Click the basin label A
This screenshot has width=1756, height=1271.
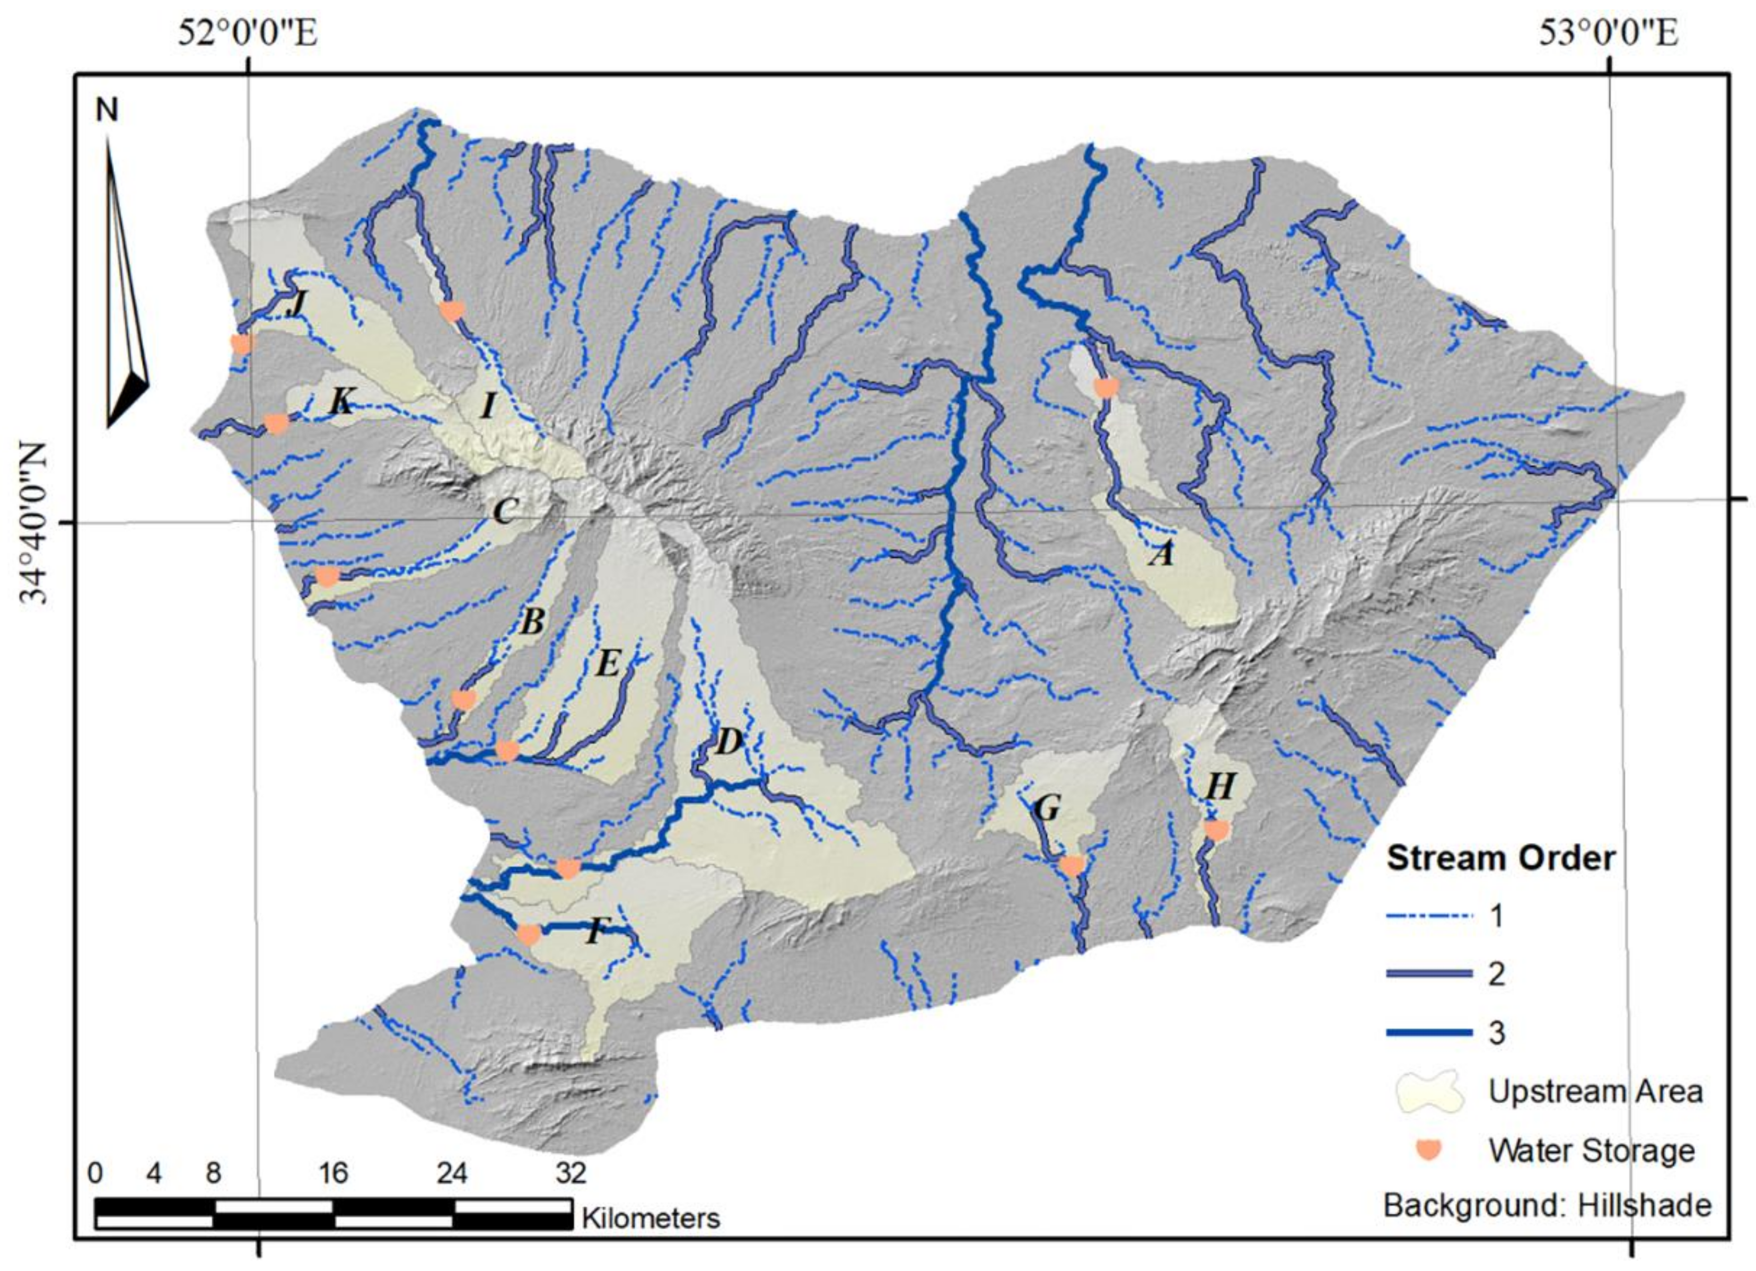pos(1161,554)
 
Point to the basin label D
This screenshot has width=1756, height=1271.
pos(728,742)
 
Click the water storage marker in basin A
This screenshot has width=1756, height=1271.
pos(1105,387)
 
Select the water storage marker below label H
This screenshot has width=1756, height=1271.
pos(1216,830)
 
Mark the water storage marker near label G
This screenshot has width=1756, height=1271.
pos(1073,865)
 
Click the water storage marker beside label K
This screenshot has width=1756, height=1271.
pos(276,423)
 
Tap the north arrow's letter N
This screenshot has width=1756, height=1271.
pos(107,111)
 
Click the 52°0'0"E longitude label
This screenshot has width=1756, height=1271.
pos(248,34)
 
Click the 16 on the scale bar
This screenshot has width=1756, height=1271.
pos(333,1174)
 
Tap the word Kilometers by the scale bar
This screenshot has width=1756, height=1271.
pos(651,1218)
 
